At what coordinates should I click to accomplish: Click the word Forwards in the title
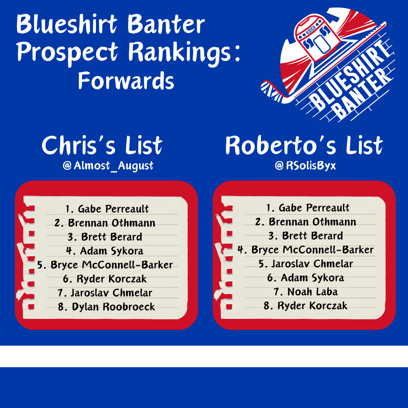tap(126, 80)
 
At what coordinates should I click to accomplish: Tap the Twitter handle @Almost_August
tap(108, 165)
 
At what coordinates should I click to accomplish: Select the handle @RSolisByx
tap(305, 165)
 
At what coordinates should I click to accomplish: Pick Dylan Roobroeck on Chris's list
tap(107, 307)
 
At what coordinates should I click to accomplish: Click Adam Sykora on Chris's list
tap(106, 251)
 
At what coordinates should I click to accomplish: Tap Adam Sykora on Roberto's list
tap(306, 278)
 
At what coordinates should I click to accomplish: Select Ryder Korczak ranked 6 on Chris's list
tap(105, 279)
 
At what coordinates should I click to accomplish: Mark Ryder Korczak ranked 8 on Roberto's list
tap(306, 306)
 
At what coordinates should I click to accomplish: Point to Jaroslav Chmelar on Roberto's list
tap(306, 264)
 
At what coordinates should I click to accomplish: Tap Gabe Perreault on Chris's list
tap(107, 209)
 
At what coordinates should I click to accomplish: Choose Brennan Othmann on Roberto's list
tap(306, 222)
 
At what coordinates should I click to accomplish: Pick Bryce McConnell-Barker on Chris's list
tap(105, 265)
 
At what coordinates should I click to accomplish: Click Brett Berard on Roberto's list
tap(306, 236)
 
